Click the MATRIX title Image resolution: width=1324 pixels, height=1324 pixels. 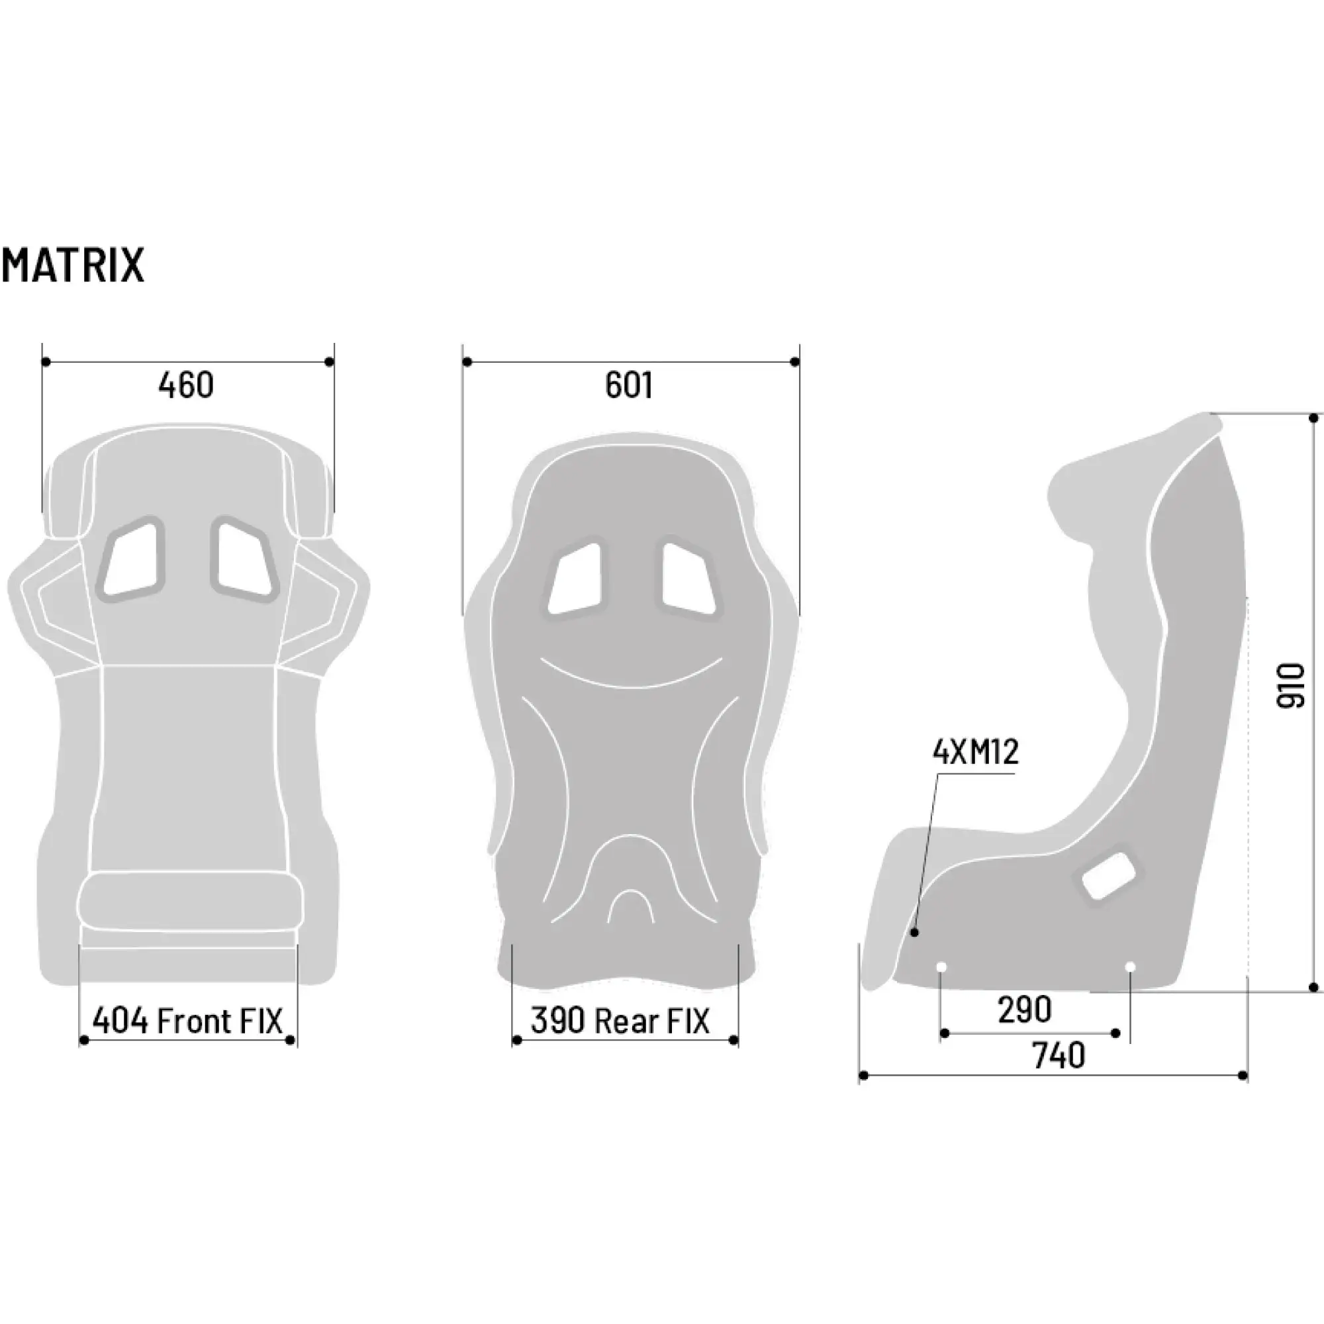pyautogui.click(x=73, y=265)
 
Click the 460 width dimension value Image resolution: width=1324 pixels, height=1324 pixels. pyautogui.click(x=186, y=385)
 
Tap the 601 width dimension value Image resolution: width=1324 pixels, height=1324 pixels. pyautogui.click(x=628, y=385)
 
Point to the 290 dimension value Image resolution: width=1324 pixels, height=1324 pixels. pyautogui.click(x=1025, y=1010)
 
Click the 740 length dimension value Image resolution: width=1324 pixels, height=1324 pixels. pyautogui.click(x=1059, y=1056)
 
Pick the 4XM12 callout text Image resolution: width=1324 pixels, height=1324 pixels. pyautogui.click(x=976, y=752)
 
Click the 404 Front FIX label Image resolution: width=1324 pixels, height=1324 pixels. pyautogui.click(x=187, y=1021)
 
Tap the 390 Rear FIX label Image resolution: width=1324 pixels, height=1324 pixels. pyautogui.click(x=620, y=1021)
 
